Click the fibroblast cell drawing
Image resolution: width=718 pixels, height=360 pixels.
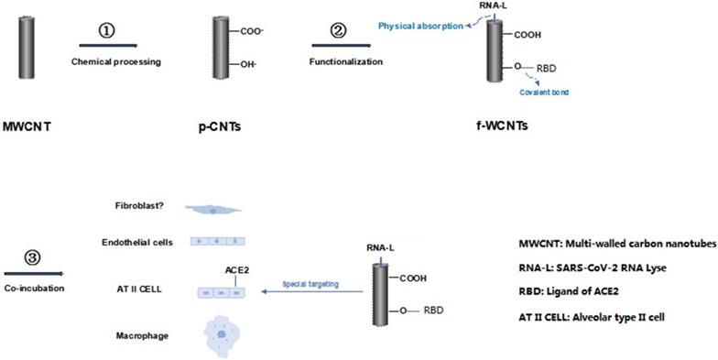[212, 209]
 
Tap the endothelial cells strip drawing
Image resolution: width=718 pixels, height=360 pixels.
[219, 242]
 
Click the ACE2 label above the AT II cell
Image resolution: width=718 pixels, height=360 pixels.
[237, 270]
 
